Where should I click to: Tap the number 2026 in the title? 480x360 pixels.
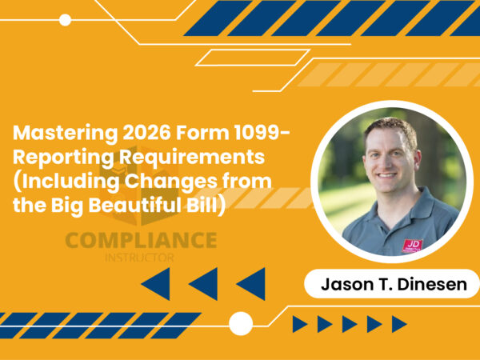coord(123,132)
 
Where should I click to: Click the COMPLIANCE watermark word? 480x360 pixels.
coord(141,240)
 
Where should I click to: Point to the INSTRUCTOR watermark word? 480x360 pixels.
coord(140,257)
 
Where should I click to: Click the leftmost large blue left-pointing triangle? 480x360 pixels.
coord(157,283)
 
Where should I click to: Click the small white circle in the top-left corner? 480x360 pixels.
coord(65,20)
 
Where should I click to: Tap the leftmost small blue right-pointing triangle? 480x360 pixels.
coord(300,324)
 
